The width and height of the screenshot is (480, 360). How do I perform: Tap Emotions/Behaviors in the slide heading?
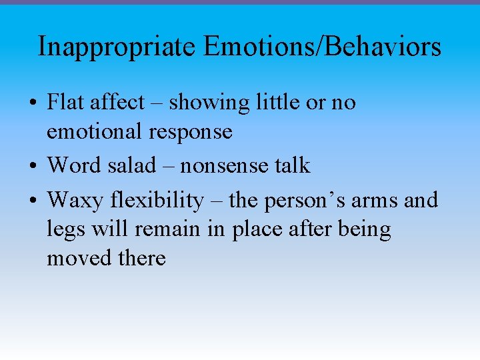[x=322, y=47]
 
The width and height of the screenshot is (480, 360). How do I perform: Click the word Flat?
[x=66, y=103]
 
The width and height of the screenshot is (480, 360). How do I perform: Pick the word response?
[x=193, y=133]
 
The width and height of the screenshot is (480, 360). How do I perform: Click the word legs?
[x=64, y=230]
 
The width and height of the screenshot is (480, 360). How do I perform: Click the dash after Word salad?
[x=171, y=165]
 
